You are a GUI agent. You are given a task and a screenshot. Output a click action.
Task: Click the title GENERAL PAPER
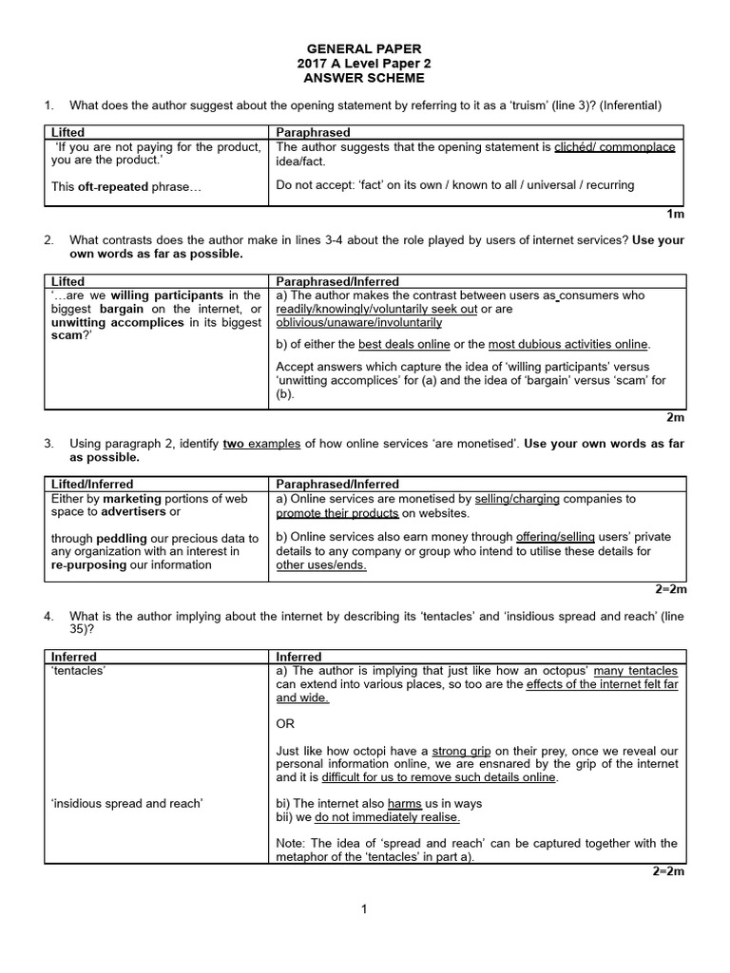(364, 48)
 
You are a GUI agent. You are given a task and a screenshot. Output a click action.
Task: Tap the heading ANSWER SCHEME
(364, 78)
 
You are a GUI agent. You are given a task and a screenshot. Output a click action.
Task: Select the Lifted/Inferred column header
(92, 484)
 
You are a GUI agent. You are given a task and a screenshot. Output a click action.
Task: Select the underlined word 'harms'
(405, 803)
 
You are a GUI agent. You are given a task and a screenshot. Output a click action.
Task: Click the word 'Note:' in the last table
(292, 843)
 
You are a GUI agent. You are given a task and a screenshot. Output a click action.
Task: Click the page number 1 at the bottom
(364, 909)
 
